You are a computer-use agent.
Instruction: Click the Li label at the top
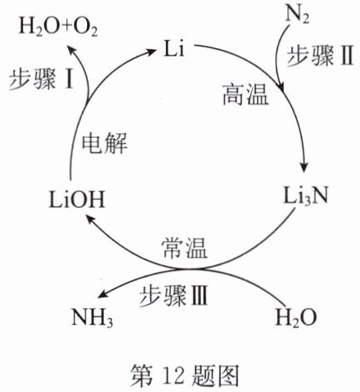click(173, 48)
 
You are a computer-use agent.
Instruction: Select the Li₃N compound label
click(305, 196)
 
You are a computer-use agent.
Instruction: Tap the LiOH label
click(77, 200)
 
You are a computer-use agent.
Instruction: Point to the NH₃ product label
click(92, 317)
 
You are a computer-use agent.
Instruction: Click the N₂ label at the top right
click(297, 15)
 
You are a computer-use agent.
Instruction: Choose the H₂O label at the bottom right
click(296, 317)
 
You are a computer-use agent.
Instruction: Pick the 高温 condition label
click(246, 94)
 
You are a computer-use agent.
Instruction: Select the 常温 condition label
click(185, 248)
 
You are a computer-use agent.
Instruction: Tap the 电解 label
click(105, 143)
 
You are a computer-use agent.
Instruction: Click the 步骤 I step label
click(41, 79)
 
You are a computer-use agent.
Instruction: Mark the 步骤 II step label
click(320, 56)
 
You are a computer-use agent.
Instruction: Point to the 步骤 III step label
click(173, 296)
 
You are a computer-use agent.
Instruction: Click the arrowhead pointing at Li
click(150, 51)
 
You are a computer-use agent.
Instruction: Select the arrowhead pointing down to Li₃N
click(304, 167)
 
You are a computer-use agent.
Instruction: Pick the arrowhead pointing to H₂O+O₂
click(72, 51)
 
